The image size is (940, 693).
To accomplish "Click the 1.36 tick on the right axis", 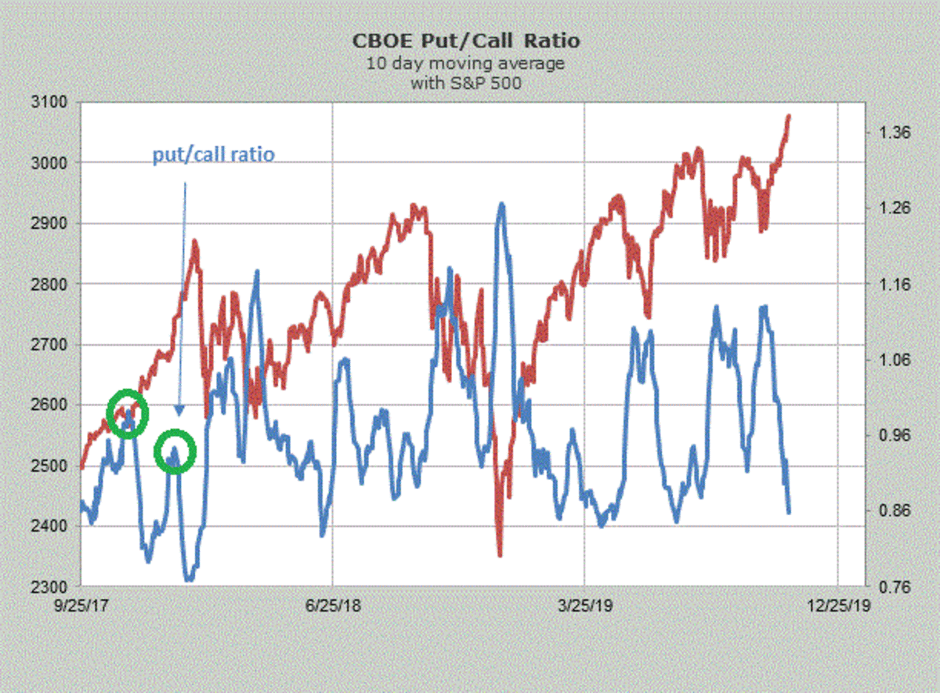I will coord(892,132).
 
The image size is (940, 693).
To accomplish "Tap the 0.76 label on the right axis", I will coord(892,586).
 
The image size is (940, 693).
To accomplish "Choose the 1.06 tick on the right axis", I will coord(892,360).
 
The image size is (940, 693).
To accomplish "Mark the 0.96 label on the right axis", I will coord(892,435).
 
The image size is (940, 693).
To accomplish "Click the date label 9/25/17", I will coord(81,606).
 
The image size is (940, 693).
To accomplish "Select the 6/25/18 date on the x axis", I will coord(332,606).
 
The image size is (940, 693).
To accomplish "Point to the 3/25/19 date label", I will coord(584,606).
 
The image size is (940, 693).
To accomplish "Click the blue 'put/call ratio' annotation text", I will coord(213,154).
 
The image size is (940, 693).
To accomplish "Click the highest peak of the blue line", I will coord(501,204).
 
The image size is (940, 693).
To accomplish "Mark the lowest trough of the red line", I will coord(500,554).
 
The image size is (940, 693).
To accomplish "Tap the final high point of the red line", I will coord(789,116).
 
